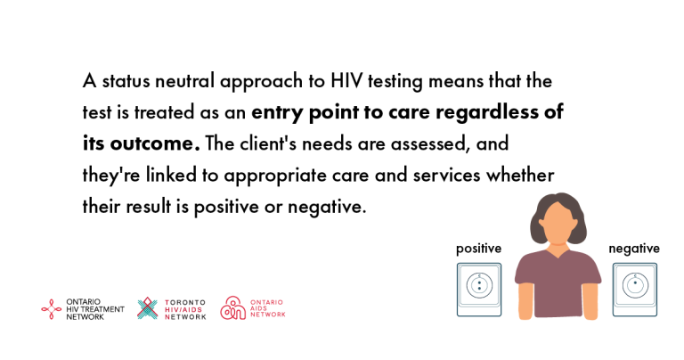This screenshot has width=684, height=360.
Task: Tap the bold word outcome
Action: click(x=155, y=143)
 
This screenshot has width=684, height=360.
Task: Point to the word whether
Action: click(x=520, y=175)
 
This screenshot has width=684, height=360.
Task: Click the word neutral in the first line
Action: click(x=185, y=81)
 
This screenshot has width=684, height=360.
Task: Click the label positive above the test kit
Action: click(x=478, y=250)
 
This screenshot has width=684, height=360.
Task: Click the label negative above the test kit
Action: click(x=634, y=250)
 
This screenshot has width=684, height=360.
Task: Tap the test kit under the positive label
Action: click(x=479, y=290)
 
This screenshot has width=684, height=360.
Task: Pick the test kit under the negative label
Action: click(x=635, y=290)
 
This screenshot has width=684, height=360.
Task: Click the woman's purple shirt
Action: click(x=558, y=283)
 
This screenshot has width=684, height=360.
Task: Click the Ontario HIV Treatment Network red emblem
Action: click(x=51, y=309)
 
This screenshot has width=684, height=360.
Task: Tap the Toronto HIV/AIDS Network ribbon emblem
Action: click(x=148, y=308)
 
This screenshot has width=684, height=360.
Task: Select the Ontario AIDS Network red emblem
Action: click(x=232, y=308)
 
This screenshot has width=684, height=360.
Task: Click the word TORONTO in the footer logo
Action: click(x=185, y=302)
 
